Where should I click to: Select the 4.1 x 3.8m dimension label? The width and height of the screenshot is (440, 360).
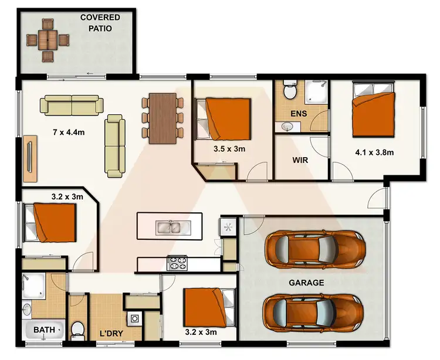374,152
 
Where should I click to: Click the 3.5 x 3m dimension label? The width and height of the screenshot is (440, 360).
229,149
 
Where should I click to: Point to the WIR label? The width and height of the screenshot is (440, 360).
300,159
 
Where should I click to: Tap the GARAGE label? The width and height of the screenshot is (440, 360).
306,282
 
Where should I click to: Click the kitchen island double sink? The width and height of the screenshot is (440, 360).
169,226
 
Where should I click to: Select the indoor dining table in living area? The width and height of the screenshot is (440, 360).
163,118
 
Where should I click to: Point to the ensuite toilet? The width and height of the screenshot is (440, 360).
289,91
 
